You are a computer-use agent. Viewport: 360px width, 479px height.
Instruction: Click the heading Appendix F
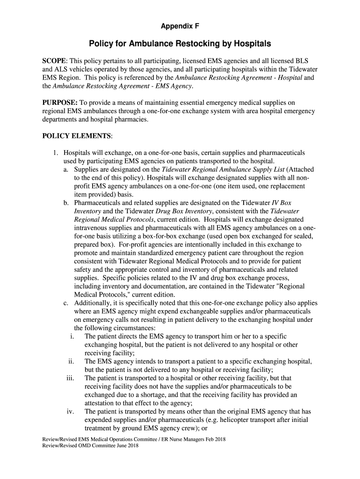click(x=180, y=27)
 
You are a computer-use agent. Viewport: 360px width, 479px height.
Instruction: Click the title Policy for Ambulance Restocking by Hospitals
click(x=180, y=44)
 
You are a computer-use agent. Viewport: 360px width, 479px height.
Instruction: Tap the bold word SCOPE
click(x=55, y=61)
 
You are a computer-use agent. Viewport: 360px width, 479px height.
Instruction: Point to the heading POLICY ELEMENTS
click(x=77, y=136)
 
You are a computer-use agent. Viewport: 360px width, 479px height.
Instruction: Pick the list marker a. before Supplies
click(x=66, y=170)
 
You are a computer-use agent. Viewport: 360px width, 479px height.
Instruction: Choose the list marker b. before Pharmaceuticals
click(x=66, y=203)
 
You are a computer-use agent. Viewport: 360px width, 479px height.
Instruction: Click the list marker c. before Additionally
click(x=66, y=303)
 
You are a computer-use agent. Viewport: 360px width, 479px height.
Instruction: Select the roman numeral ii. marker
click(x=71, y=362)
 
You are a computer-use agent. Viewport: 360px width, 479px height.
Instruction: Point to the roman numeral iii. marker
click(x=70, y=378)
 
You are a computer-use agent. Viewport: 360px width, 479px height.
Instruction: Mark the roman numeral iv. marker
click(x=70, y=412)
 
